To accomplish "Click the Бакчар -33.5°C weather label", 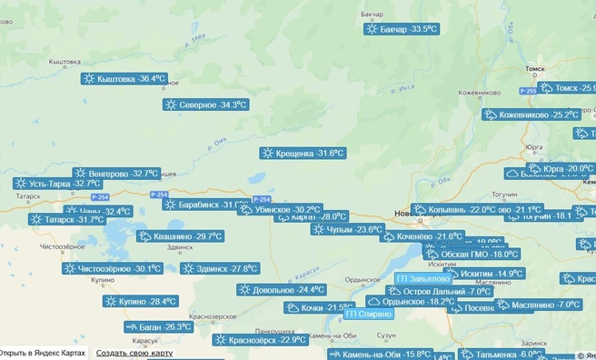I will (401, 29).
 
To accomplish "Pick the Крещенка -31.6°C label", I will (303, 153).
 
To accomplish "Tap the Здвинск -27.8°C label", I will (220, 268).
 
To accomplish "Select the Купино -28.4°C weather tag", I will (141, 301).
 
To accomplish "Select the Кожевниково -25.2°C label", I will (531, 115).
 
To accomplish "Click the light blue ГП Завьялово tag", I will (422, 278).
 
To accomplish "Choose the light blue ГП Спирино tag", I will (369, 314).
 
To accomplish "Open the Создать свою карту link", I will (134, 353).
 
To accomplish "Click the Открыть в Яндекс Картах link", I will (43, 353).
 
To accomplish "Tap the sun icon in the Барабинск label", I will (171, 205).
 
